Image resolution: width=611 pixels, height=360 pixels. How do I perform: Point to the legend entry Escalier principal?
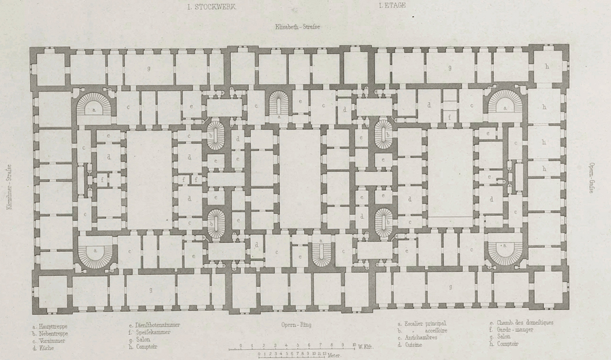click(423, 323)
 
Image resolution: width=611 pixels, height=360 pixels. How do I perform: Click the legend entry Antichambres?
click(420, 337)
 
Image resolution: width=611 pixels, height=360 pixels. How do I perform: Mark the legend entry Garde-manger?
click(514, 329)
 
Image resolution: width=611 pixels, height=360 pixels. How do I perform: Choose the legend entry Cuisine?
click(413, 344)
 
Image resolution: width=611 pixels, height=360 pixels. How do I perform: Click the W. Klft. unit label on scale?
click(366, 346)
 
